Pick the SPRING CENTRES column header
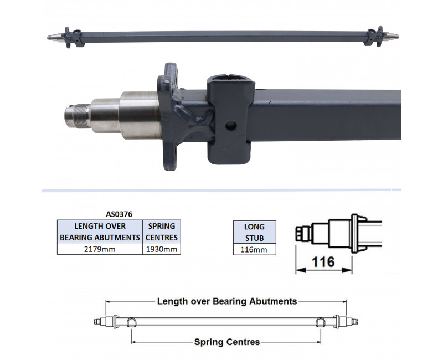[x=161, y=232]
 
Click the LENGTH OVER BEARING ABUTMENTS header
[x=99, y=232]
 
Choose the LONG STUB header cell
[x=254, y=232]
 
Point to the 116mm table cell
[x=254, y=249]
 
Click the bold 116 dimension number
[x=323, y=261]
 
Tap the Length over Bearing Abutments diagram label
[x=227, y=301]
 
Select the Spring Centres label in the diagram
[x=227, y=342]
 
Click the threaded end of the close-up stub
[x=73, y=115]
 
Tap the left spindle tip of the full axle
[x=51, y=38]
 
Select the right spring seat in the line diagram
[x=321, y=322]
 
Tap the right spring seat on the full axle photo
[x=370, y=37]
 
